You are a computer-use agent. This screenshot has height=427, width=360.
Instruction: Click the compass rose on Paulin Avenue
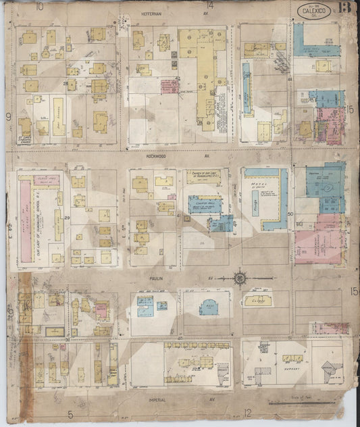point(239,276)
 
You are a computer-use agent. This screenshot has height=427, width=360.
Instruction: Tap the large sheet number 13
point(345,9)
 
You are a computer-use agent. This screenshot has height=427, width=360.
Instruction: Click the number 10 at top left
point(40,6)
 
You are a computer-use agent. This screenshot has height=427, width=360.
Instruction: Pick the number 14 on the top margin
point(211,6)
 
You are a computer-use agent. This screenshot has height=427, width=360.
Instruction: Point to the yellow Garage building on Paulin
point(257,299)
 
